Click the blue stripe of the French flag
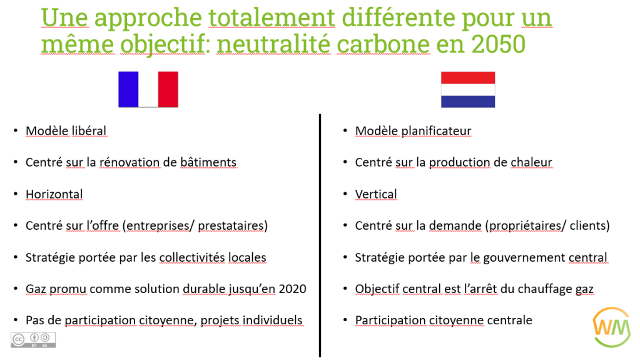(128, 90)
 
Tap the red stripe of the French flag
(168, 90)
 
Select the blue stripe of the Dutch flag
(468, 102)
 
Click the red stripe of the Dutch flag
(468, 78)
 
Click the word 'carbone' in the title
(383, 44)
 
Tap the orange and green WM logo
(611, 327)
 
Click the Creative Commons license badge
(33, 339)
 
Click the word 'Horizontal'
(54, 194)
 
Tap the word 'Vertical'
(376, 194)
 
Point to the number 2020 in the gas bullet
(292, 289)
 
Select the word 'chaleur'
(531, 162)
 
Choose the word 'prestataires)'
(233, 225)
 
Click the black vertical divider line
(320, 235)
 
